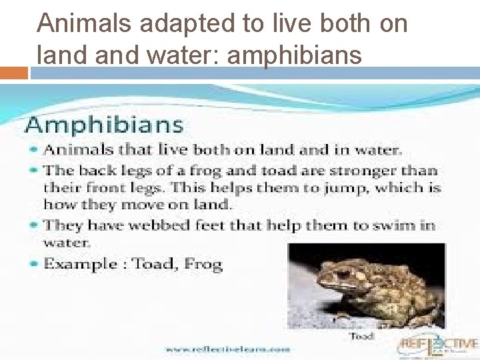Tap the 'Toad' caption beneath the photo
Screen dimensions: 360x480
362,336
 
